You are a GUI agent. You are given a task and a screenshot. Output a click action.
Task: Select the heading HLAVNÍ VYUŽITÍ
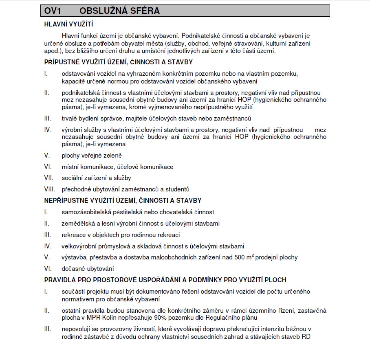66,24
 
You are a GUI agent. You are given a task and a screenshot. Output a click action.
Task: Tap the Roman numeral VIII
50,189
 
